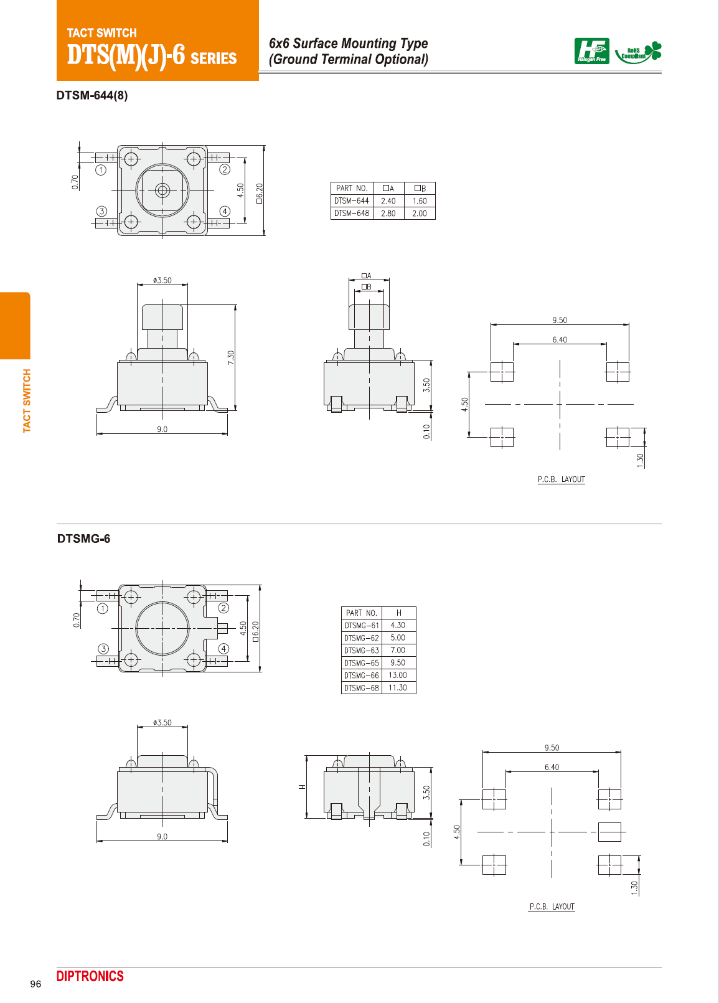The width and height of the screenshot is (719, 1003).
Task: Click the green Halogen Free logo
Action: (591, 51)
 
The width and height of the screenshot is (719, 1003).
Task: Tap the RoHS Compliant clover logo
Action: (639, 52)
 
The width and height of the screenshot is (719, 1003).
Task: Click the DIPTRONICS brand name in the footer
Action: (90, 976)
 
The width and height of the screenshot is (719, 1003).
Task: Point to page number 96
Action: (35, 984)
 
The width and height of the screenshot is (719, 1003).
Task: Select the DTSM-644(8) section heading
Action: (92, 95)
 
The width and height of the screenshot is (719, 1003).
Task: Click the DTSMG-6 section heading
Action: (83, 539)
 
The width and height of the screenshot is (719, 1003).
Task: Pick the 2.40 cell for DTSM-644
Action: (388, 201)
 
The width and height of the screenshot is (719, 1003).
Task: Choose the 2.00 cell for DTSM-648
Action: (420, 214)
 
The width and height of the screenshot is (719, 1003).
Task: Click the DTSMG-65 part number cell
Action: (361, 662)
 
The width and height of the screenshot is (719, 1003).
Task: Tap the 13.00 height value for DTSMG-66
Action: (398, 676)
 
